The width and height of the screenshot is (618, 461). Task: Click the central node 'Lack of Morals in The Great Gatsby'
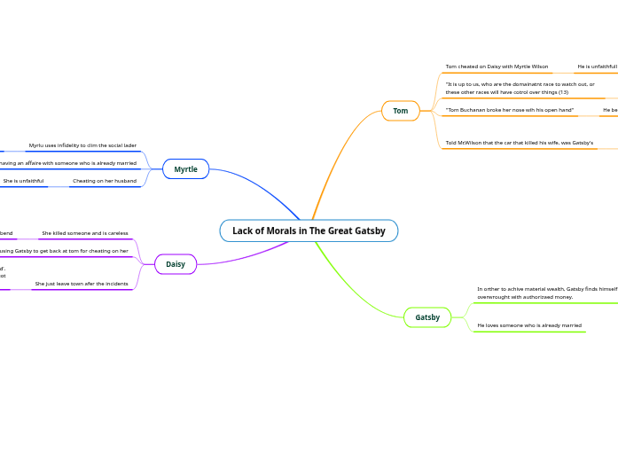(x=309, y=230)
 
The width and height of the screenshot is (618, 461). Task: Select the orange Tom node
(x=401, y=111)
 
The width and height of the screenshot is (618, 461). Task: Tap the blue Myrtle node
(x=185, y=169)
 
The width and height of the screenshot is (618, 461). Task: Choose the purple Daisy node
(x=176, y=264)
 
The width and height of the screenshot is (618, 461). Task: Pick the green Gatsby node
(x=427, y=317)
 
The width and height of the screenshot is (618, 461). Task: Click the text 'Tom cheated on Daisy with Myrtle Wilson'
(x=497, y=66)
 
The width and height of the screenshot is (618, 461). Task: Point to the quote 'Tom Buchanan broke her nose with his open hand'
(x=509, y=110)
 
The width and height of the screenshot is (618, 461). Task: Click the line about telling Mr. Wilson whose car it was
(x=519, y=143)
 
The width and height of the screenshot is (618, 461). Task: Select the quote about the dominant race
(x=520, y=88)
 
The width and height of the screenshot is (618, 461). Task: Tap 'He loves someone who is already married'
(x=529, y=325)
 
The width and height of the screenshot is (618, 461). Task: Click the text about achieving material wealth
(x=546, y=293)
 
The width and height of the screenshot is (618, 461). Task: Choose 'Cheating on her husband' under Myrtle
(x=105, y=181)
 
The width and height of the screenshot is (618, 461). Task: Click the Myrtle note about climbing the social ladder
(x=82, y=145)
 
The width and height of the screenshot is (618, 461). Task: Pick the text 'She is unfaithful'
(x=23, y=181)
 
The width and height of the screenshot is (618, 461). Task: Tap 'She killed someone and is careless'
(x=85, y=233)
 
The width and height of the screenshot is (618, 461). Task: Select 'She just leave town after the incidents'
(x=82, y=284)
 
